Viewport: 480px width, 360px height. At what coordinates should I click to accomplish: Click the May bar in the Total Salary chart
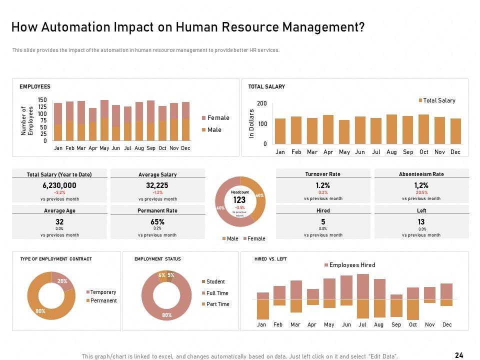point(344,132)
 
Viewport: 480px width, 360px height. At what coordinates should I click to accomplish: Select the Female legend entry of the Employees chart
point(218,118)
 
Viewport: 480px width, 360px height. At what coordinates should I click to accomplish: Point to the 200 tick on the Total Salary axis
point(262,103)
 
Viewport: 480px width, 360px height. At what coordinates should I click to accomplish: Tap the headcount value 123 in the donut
point(239,199)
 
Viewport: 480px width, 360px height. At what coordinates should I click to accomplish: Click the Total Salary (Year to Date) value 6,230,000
point(59,185)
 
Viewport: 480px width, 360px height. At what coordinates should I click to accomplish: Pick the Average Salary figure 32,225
point(157,185)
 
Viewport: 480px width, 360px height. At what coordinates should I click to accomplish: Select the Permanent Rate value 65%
point(157,221)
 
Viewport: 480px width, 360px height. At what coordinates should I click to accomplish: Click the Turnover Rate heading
point(323,174)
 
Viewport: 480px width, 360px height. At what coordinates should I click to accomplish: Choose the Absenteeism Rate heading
point(421,174)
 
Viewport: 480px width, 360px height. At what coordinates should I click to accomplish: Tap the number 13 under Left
point(421,221)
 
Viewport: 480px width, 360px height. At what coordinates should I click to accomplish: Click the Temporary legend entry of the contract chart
point(103,292)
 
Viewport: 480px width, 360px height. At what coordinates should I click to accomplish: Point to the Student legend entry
point(215,281)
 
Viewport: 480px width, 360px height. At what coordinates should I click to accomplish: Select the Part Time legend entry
point(217,304)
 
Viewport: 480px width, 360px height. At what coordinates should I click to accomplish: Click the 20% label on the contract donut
point(62,281)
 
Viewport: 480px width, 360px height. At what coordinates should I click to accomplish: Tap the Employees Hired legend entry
point(352,265)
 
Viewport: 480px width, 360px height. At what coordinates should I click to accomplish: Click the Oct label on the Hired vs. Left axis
point(412,324)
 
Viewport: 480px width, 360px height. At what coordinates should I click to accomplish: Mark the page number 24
point(459,355)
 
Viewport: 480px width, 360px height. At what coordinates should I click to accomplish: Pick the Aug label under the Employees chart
point(139,148)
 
